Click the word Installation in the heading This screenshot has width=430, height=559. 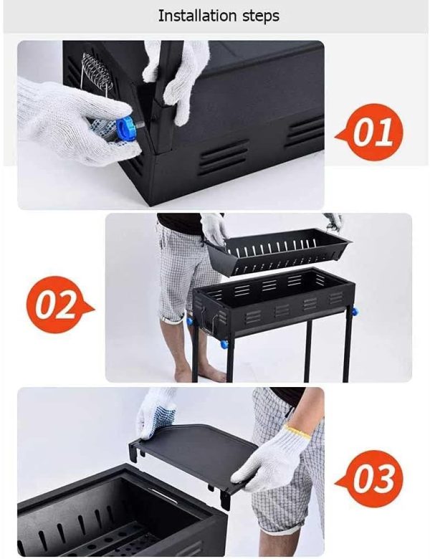tap(197, 15)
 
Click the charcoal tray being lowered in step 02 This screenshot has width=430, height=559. tap(277, 252)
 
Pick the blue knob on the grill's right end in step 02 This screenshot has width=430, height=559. tap(354, 312)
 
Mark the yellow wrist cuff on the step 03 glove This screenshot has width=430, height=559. tap(298, 431)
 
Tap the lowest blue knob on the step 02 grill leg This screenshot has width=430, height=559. tap(224, 345)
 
